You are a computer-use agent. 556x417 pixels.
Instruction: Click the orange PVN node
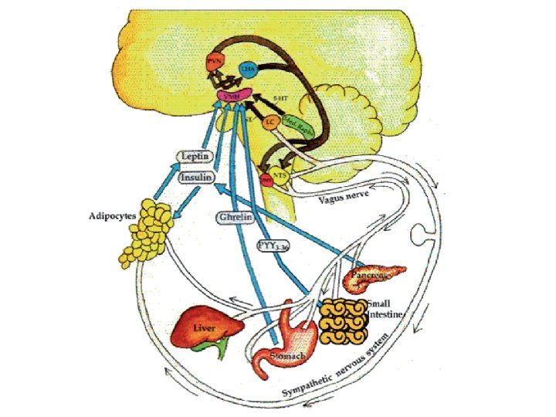(x=215, y=65)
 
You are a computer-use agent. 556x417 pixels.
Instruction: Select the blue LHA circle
(x=248, y=70)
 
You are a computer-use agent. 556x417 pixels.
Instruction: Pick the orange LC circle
(x=270, y=122)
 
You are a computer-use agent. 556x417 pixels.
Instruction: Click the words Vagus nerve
(x=344, y=200)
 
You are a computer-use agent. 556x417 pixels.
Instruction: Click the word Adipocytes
(x=112, y=215)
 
